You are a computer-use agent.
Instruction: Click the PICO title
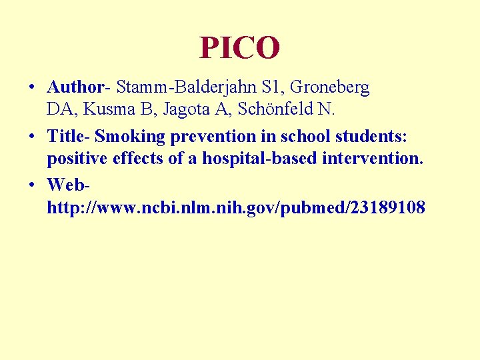point(239,47)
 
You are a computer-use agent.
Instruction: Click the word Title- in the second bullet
point(69,137)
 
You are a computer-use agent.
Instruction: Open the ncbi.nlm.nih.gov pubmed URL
point(235,208)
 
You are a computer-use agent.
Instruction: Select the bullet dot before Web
point(32,185)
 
